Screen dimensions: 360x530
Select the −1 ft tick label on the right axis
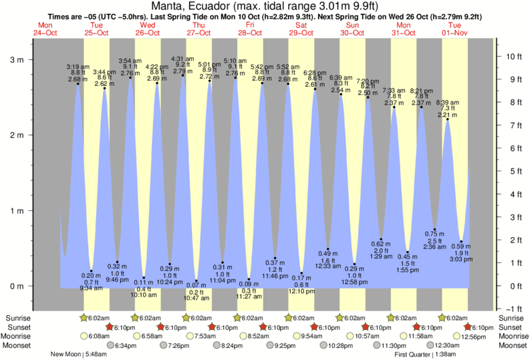pyautogui.click(x=512, y=309)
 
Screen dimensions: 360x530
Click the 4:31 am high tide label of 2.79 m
pyautogui.click(x=182, y=65)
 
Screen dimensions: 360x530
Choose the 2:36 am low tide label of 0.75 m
pyautogui.click(x=435, y=240)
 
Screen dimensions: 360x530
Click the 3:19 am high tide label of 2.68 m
pyautogui.click(x=78, y=73)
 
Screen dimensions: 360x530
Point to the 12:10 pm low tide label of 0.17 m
pyautogui.click(x=301, y=285)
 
